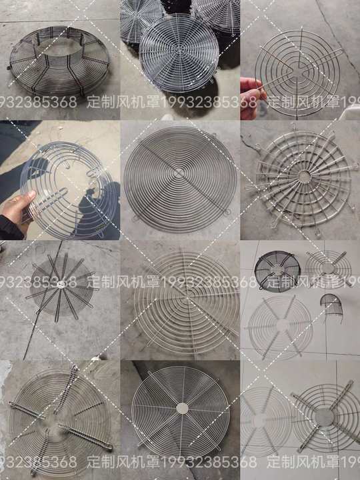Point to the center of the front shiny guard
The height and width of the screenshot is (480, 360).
tap(179, 54)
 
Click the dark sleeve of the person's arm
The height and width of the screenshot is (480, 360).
tap(11, 227)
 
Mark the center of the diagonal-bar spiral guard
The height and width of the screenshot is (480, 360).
tap(179, 173)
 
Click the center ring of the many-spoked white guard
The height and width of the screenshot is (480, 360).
tap(304, 177)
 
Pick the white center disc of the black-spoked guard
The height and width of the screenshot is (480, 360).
tap(60, 285)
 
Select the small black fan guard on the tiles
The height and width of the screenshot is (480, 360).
tap(277, 271)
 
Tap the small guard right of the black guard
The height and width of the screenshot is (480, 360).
tap(328, 268)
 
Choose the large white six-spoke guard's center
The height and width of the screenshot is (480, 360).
tap(280, 325)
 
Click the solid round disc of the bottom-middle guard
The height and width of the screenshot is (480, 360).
tap(183, 408)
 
